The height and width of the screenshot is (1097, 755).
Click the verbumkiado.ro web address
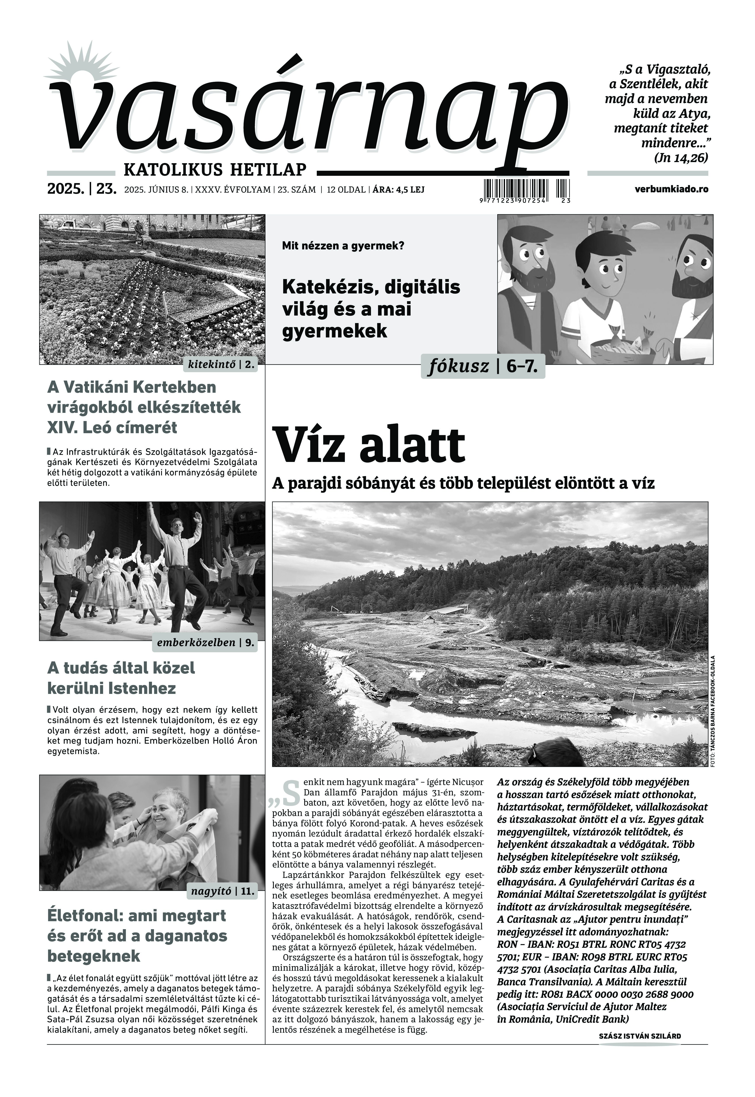pos(672,189)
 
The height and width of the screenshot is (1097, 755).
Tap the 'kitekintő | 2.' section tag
pos(221,365)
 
